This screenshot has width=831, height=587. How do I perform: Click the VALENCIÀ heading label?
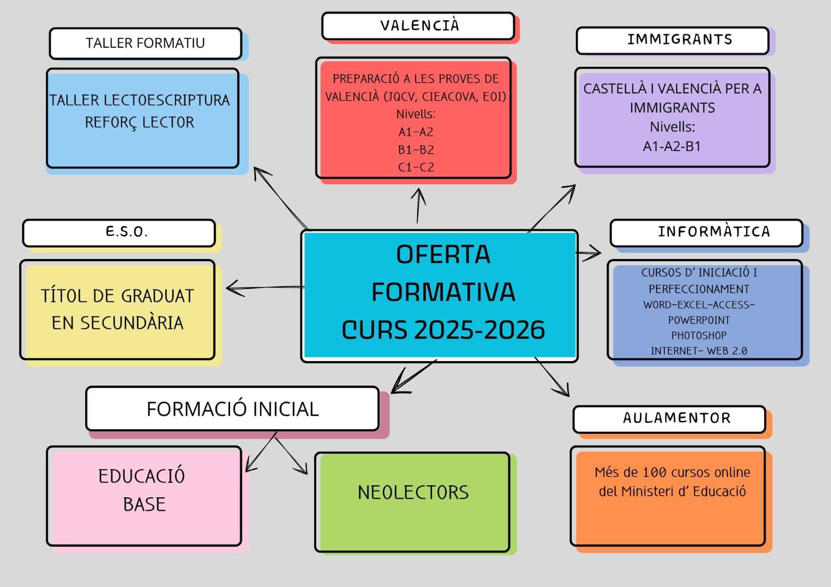pyautogui.click(x=419, y=25)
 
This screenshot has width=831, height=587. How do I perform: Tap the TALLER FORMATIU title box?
pyautogui.click(x=145, y=43)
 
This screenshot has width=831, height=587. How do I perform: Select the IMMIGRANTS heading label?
pyautogui.click(x=679, y=40)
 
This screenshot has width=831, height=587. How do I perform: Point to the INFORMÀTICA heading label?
pyautogui.click(x=714, y=232)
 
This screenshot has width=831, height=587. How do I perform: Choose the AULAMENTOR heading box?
pyautogui.click(x=676, y=418)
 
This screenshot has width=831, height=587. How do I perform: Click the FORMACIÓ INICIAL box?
pyautogui.click(x=232, y=409)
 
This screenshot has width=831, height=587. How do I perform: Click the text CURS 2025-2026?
pyautogui.click(x=443, y=330)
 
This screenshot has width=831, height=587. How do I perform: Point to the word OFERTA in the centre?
pyautogui.click(x=443, y=255)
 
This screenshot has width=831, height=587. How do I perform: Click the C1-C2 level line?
pyautogui.click(x=415, y=167)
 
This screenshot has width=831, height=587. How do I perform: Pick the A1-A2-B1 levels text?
pyautogui.click(x=672, y=146)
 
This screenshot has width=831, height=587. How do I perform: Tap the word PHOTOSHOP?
pyautogui.click(x=699, y=335)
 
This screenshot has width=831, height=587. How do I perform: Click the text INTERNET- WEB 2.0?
pyautogui.click(x=699, y=351)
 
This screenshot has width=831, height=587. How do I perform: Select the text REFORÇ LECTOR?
pyautogui.click(x=139, y=122)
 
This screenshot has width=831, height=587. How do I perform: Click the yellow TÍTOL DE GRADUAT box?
pyautogui.click(x=117, y=310)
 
